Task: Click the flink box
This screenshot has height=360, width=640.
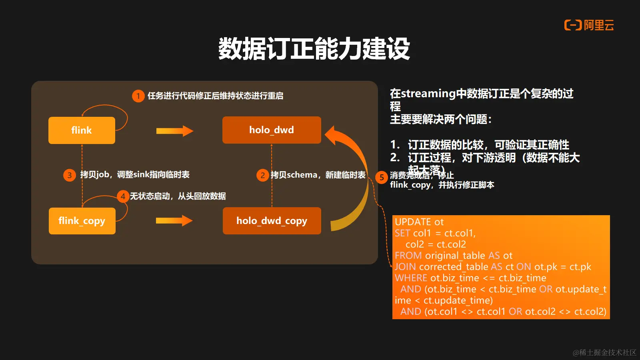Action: point(82,130)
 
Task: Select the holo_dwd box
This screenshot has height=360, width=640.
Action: point(272,130)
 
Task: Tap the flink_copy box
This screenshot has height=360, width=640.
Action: point(82,221)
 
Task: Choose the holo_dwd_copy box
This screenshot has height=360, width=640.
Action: point(272,221)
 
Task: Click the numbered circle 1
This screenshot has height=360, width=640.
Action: point(138,96)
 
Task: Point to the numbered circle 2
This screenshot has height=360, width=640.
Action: point(262,175)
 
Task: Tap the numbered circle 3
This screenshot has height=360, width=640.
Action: point(70,175)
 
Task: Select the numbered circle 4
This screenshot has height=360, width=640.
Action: point(123,196)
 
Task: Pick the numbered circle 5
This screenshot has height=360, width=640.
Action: point(382,177)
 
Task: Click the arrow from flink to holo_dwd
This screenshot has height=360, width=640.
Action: point(174,131)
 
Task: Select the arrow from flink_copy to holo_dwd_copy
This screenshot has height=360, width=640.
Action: point(174,220)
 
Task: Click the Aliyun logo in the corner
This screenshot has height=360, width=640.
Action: point(589,26)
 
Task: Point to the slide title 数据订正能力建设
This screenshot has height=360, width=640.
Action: point(314,49)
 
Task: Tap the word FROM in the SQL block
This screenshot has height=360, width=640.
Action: point(408,256)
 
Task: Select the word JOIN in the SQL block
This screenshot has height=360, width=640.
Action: point(405,267)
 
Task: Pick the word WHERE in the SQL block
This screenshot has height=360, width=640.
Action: point(411,278)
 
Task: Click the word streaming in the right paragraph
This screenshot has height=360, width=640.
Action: point(428,94)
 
